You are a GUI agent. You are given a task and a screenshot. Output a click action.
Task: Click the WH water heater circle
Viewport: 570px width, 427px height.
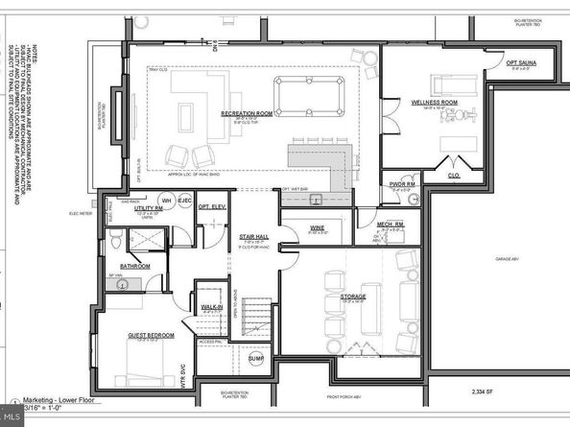tap(166, 201)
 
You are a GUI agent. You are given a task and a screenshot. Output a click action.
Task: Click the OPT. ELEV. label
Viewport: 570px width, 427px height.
tap(211, 206)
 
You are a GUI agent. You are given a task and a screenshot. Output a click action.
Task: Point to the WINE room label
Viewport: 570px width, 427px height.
tap(318, 228)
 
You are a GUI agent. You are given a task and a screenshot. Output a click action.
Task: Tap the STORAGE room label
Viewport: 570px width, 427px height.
tap(354, 297)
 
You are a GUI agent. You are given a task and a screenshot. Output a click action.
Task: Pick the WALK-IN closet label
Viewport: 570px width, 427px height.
tap(210, 306)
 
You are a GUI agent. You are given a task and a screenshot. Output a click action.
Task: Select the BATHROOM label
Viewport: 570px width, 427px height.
tap(135, 265)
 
